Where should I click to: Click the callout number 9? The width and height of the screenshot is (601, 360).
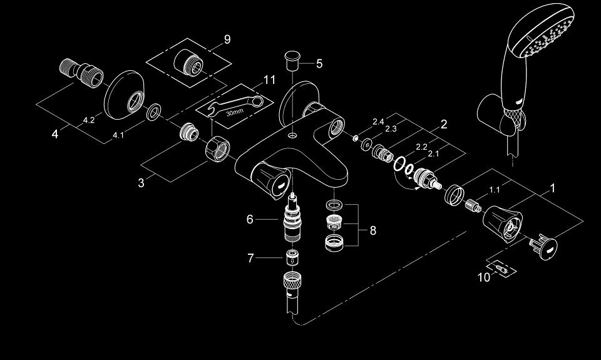[227, 39]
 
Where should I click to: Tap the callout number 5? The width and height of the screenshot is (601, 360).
[319, 64]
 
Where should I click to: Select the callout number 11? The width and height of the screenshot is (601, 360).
[269, 80]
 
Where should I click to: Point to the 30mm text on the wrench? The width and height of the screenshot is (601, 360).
[235, 113]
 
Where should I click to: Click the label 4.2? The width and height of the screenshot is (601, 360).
[88, 120]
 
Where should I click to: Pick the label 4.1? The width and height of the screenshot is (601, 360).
[118, 135]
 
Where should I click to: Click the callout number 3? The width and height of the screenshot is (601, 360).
[141, 183]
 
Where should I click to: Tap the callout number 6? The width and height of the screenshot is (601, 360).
[250, 219]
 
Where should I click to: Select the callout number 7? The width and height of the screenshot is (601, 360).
[250, 258]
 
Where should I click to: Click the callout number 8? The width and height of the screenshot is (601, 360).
[373, 230]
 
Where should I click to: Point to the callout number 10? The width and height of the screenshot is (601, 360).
[484, 277]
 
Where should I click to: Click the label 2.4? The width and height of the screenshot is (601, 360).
[378, 122]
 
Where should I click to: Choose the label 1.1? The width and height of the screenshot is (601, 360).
[495, 190]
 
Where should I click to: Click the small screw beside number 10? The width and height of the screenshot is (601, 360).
[501, 267]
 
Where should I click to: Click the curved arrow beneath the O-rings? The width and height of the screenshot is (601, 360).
[407, 182]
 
